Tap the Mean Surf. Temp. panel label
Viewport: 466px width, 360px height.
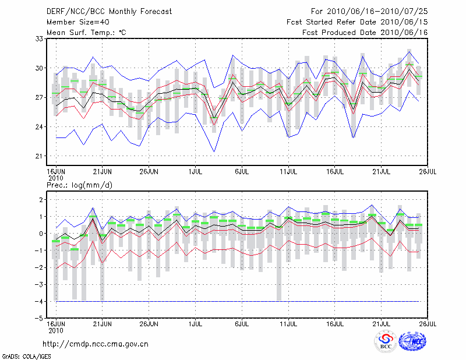pos(86,33)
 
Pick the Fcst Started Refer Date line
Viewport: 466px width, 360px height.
pos(357,22)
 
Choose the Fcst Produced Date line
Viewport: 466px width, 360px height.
pos(365,33)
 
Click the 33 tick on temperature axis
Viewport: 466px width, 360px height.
pos(40,38)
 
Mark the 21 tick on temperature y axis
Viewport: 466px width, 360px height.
pos(40,156)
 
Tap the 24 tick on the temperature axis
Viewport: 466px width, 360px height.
pos(40,127)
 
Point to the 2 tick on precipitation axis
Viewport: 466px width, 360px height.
pos(41,200)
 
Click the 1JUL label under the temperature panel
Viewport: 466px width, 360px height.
pos(196,171)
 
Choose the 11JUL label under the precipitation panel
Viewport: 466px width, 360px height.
pos(289,322)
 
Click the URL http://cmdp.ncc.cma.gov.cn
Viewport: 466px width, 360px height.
pos(96,344)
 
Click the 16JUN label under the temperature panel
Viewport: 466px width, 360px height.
pos(56,171)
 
